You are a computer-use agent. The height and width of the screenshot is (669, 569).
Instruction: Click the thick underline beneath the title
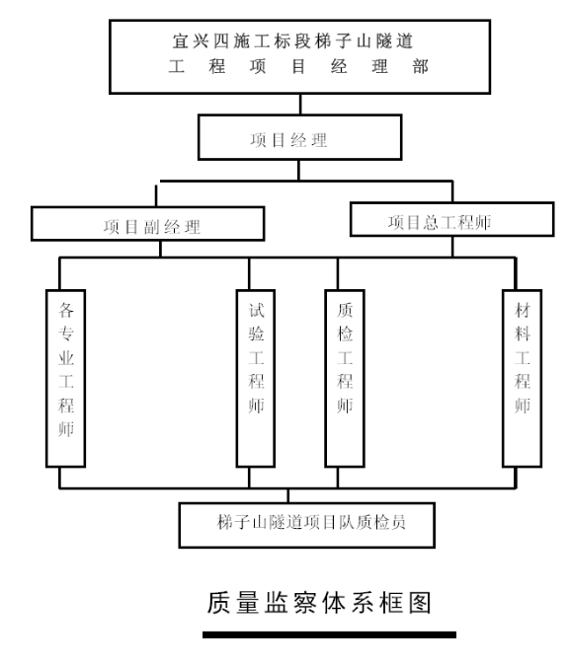point(329,634)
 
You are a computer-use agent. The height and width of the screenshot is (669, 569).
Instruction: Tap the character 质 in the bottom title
point(218,603)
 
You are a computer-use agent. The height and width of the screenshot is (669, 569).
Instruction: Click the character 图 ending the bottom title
point(420,603)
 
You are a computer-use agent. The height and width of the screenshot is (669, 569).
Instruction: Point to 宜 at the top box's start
point(181,41)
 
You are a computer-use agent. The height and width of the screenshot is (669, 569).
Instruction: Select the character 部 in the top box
point(421,66)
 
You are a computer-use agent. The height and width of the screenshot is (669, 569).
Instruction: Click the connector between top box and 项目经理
point(300,105)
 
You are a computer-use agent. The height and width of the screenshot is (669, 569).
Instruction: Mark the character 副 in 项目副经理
point(151,227)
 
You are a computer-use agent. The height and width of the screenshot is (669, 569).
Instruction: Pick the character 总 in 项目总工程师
point(431,222)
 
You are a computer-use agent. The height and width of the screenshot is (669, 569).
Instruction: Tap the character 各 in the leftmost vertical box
point(66,310)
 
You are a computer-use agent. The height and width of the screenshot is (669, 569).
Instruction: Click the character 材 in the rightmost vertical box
point(522,310)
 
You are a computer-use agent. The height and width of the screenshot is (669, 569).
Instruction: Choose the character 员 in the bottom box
point(398,522)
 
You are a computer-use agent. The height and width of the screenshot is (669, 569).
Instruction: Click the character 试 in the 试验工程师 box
point(256,310)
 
